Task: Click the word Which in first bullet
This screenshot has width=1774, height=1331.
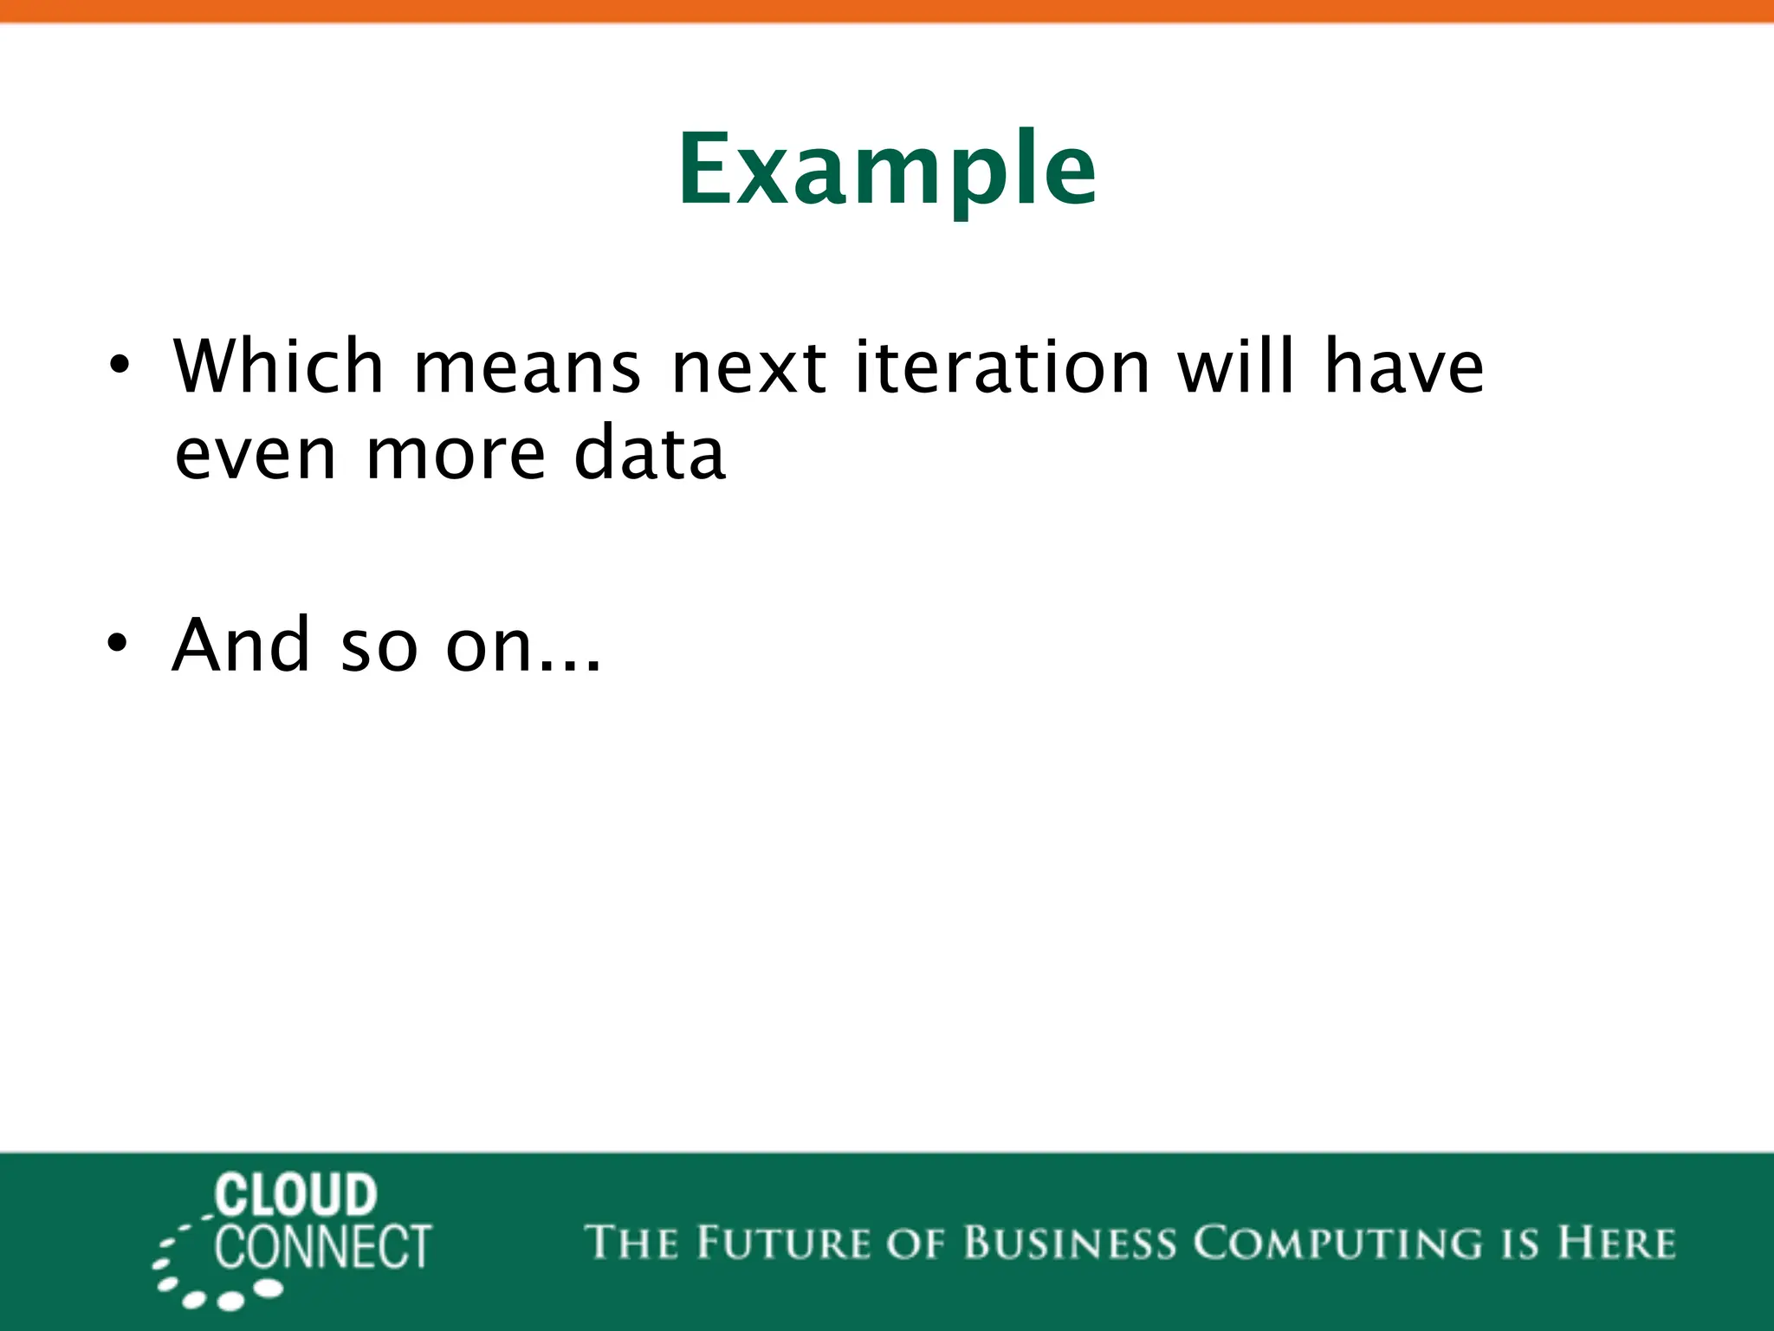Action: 278,366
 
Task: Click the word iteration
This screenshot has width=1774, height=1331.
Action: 1002,366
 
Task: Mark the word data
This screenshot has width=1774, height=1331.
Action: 649,452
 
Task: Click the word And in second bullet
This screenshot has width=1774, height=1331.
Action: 241,644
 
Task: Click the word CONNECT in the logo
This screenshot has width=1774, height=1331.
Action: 323,1247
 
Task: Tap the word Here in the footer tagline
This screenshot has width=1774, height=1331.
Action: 1616,1243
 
